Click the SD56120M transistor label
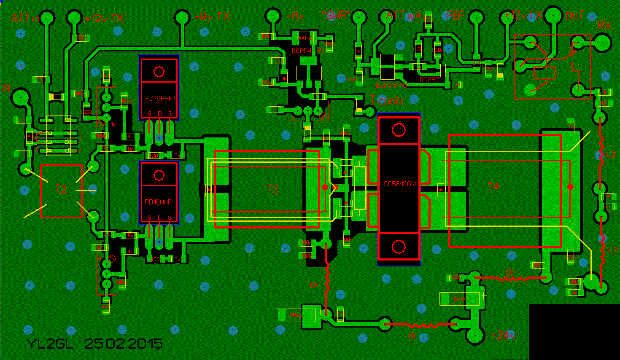[x=399, y=184]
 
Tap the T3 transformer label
[x=272, y=189]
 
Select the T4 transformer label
[x=493, y=186]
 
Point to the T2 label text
[x=61, y=189]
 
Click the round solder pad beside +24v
[x=475, y=336]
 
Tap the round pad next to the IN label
[x=19, y=97]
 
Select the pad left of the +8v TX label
[x=182, y=18]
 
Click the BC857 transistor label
[x=429, y=80]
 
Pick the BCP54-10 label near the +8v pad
[x=307, y=51]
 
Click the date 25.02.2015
[x=124, y=344]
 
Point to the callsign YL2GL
[x=50, y=344]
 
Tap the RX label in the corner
[x=604, y=26]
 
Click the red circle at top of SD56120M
[x=399, y=130]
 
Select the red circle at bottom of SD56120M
[x=399, y=247]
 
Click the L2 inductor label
[x=611, y=155]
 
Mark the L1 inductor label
[x=613, y=250]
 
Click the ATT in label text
[x=25, y=18]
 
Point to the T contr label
[x=387, y=101]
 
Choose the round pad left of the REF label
[x=476, y=18]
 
